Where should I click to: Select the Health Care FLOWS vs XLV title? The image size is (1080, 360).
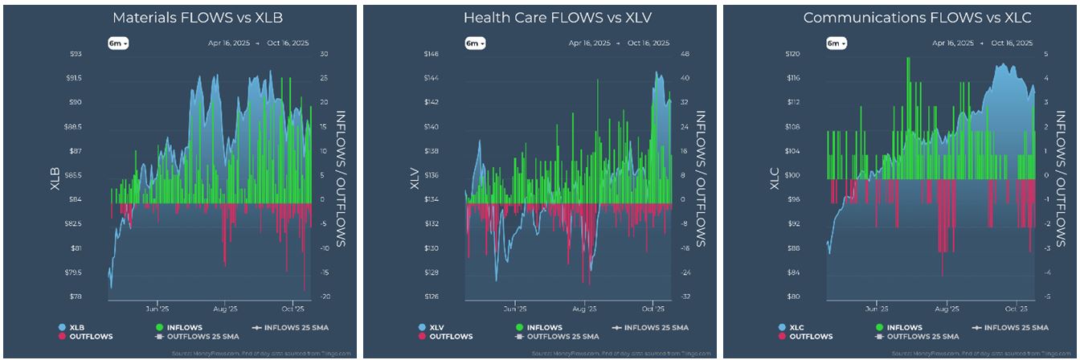[539, 17]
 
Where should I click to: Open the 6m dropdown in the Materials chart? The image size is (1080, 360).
[118, 43]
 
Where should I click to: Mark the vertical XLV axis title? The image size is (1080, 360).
[415, 175]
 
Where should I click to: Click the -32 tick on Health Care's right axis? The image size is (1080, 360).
[686, 297]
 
